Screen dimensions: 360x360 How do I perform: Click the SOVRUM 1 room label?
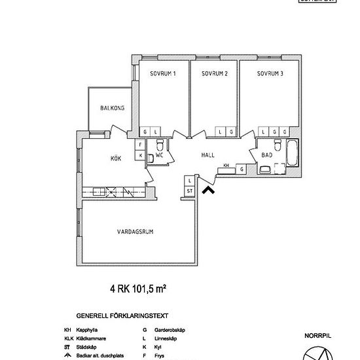click(162, 73)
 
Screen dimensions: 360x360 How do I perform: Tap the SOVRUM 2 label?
click(214, 73)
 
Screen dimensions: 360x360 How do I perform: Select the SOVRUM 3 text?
click(270, 73)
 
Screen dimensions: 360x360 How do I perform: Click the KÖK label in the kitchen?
click(116, 158)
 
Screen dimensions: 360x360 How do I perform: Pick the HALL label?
click(208, 156)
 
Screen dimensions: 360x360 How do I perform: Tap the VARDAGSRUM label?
click(135, 232)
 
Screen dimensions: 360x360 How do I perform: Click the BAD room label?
click(266, 156)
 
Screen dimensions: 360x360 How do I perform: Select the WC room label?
click(159, 155)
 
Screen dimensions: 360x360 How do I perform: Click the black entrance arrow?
click(209, 190)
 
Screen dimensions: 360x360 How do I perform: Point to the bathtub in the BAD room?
click(291, 154)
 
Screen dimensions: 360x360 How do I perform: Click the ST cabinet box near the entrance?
click(190, 190)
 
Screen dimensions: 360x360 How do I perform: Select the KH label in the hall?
click(226, 166)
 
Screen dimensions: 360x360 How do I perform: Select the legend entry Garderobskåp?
click(166, 330)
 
